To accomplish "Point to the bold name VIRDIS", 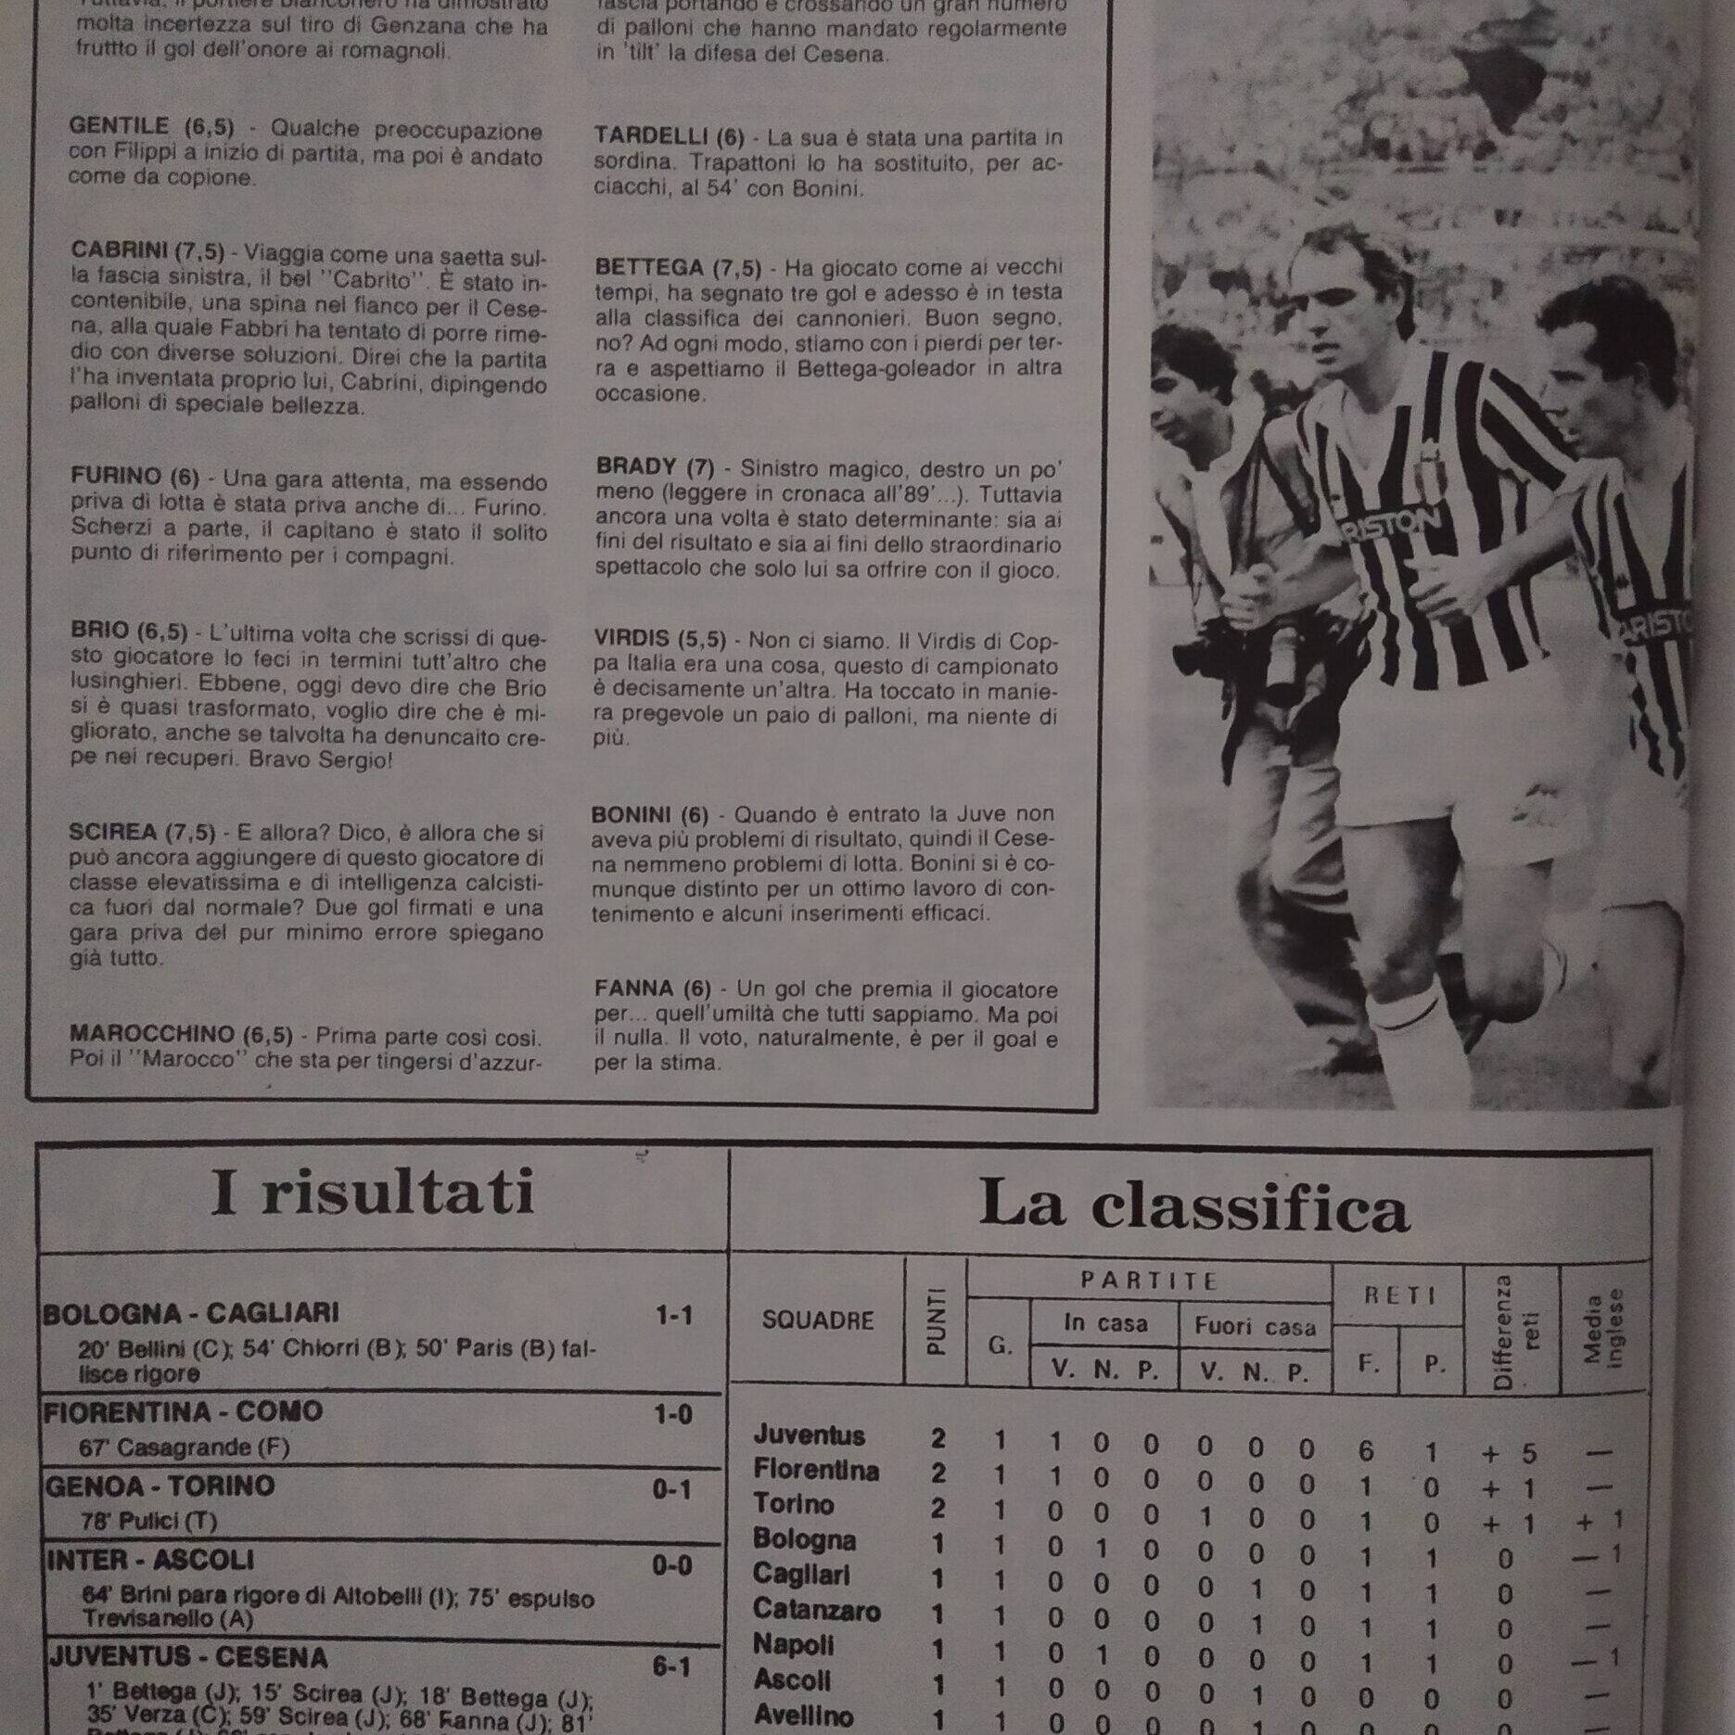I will (x=631, y=638).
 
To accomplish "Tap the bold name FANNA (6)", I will (x=652, y=989).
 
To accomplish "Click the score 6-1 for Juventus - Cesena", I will (x=671, y=1666).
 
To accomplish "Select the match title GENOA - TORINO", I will (x=159, y=1486).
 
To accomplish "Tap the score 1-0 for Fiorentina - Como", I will (x=672, y=1414).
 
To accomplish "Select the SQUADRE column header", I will (x=817, y=1320).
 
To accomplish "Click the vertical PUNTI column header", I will (x=937, y=1320).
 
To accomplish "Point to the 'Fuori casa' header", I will (x=1254, y=1326).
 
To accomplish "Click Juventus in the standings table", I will (x=809, y=1435).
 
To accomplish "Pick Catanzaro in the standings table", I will (x=816, y=1610).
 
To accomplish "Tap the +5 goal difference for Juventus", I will (x=1508, y=1453).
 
